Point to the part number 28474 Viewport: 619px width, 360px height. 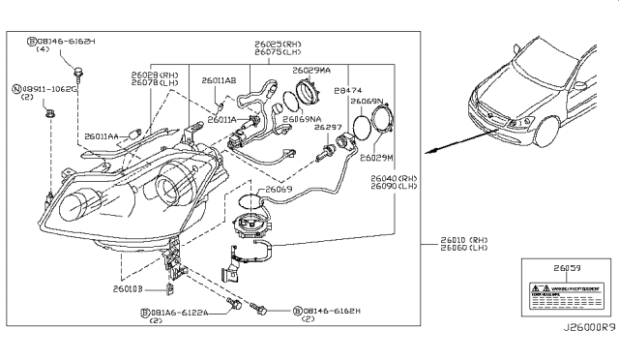(346, 89)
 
